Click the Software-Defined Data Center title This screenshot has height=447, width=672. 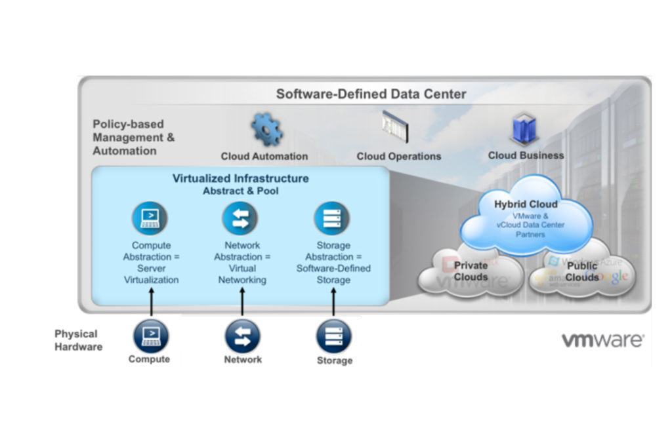(371, 94)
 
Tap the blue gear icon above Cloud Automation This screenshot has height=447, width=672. (266, 129)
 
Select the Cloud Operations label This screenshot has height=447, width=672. (398, 156)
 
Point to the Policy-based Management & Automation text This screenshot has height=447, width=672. (134, 137)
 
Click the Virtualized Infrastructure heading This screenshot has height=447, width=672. (240, 178)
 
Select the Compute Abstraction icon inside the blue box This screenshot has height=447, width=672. (150, 218)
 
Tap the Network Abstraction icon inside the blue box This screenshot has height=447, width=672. (240, 218)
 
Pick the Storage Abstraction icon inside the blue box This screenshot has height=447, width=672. (332, 218)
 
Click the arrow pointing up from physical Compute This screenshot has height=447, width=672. (152, 303)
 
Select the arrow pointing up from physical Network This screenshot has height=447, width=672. (242, 303)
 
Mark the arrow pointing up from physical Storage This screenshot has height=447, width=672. (333, 303)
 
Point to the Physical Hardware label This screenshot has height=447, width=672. (78, 340)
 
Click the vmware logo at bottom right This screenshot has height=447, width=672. (602, 340)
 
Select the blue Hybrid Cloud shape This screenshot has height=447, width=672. (526, 217)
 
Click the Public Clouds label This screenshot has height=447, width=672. (582, 271)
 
